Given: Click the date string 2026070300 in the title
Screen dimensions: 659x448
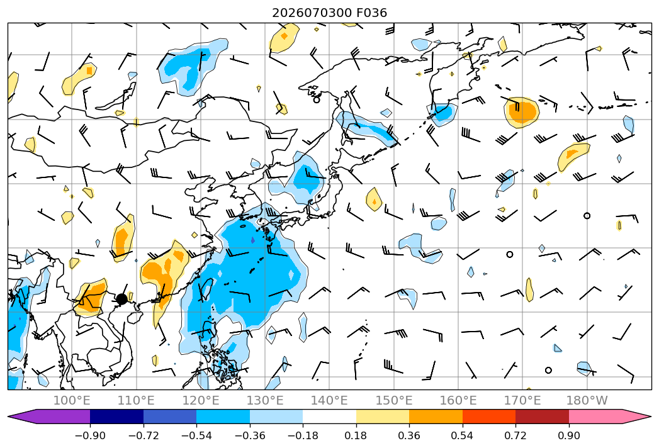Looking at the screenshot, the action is click(312, 13).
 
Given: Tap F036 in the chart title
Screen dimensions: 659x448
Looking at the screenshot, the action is click(372, 13).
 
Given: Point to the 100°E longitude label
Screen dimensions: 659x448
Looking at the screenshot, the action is click(72, 400).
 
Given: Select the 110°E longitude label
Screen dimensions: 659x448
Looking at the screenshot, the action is click(136, 400).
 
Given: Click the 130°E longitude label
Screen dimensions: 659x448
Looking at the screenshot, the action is click(265, 400).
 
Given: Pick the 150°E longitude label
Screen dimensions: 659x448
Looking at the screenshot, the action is click(394, 400).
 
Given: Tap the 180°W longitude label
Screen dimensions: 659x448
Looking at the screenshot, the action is click(587, 400).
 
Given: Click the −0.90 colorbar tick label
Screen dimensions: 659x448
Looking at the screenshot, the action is click(90, 435).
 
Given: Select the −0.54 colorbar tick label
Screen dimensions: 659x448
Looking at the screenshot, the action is click(196, 435).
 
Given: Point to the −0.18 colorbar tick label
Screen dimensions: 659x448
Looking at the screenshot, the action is click(303, 435).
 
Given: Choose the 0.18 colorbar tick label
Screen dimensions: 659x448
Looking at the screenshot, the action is click(356, 435).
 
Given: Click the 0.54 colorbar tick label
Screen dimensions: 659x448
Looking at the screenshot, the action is click(463, 435).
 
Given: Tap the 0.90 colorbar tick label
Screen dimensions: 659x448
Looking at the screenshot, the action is click(568, 435).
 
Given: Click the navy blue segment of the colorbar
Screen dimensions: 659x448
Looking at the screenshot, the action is click(116, 417).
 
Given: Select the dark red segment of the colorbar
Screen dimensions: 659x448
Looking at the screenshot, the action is click(542, 417).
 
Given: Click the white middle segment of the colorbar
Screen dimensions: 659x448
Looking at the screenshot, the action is click(330, 417).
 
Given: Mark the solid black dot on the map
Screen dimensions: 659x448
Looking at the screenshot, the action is click(122, 300).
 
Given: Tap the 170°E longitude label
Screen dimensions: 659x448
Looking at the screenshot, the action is click(522, 400).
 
